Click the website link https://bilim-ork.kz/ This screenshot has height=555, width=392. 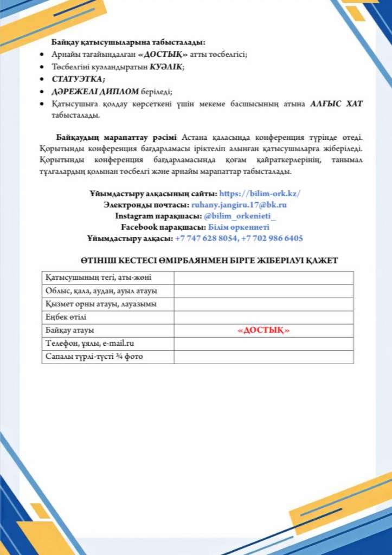click(x=260, y=193)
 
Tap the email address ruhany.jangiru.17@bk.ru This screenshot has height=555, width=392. click(x=239, y=205)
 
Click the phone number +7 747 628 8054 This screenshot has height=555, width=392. click(x=206, y=238)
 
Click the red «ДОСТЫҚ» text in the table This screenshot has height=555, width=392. click(x=264, y=331)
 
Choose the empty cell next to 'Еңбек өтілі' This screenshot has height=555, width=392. click(x=264, y=317)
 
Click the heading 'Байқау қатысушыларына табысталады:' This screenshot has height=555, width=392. click(x=128, y=42)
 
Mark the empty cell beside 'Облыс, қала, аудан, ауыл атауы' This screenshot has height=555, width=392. click(x=264, y=291)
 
